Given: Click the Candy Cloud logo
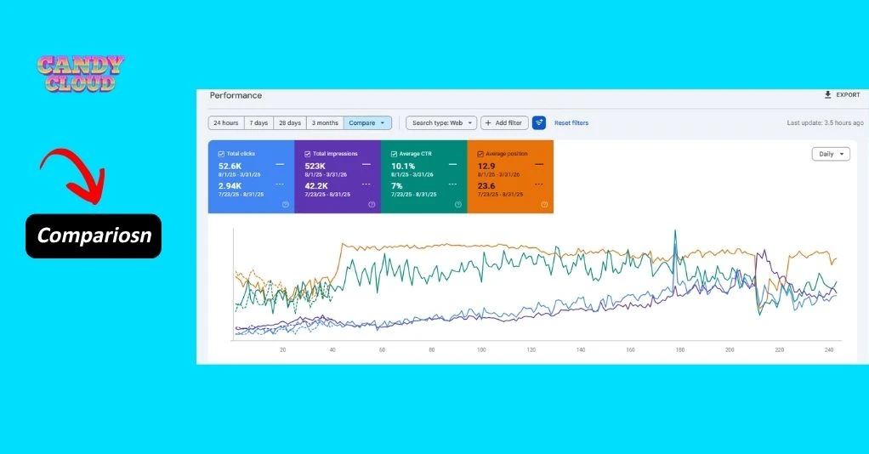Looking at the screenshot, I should point(81,73).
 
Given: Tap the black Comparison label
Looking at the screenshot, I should point(94,236).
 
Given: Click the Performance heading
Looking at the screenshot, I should point(236,95).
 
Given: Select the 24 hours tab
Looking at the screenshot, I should point(226,122).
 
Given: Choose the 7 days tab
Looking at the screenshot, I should point(258,122).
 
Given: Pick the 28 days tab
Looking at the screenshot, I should point(289,122).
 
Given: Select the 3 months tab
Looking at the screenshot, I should point(324,122).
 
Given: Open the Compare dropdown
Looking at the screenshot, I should point(367,122).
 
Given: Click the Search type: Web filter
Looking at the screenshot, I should point(440,122).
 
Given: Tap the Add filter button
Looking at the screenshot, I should point(504,122).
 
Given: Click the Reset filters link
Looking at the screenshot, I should point(571,122).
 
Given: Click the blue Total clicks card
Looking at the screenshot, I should point(251,176).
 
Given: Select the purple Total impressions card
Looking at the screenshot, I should point(338,176).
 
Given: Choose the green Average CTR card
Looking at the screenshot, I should point(423,176).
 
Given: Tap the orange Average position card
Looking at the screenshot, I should point(510,176).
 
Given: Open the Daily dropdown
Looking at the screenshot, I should point(830,154).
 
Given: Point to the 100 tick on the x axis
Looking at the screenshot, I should point(481,349).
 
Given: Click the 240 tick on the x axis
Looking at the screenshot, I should point(829,349).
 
